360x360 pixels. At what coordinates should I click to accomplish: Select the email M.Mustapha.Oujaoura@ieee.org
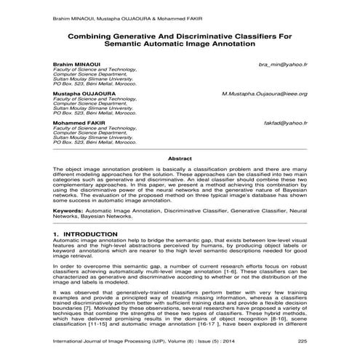(x=264, y=94)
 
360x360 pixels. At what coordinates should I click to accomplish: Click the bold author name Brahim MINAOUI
(x=76, y=65)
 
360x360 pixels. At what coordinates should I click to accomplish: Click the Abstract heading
(x=180, y=158)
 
